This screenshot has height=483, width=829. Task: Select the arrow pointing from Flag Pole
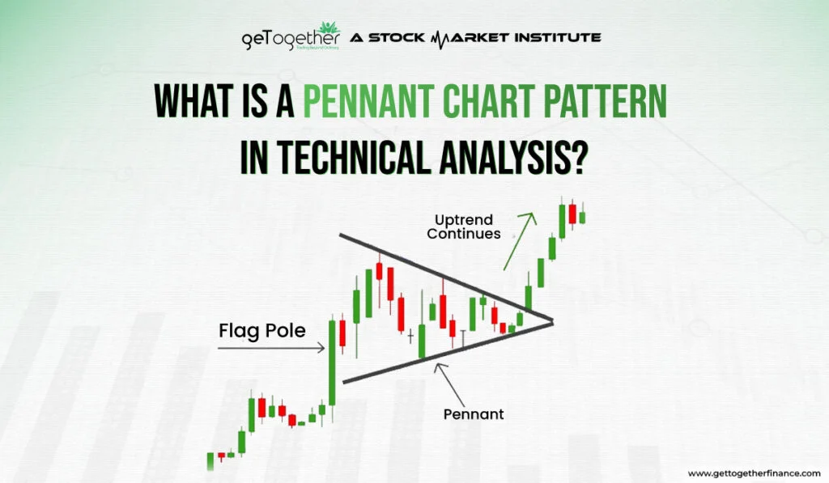click(x=271, y=348)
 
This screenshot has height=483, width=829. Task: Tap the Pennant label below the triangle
click(x=474, y=413)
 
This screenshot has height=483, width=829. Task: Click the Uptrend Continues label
click(x=465, y=227)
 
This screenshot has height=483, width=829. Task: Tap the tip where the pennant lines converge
click(x=551, y=322)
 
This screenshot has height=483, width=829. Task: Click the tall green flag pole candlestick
click(x=331, y=362)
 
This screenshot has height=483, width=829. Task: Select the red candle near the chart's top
click(x=572, y=214)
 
